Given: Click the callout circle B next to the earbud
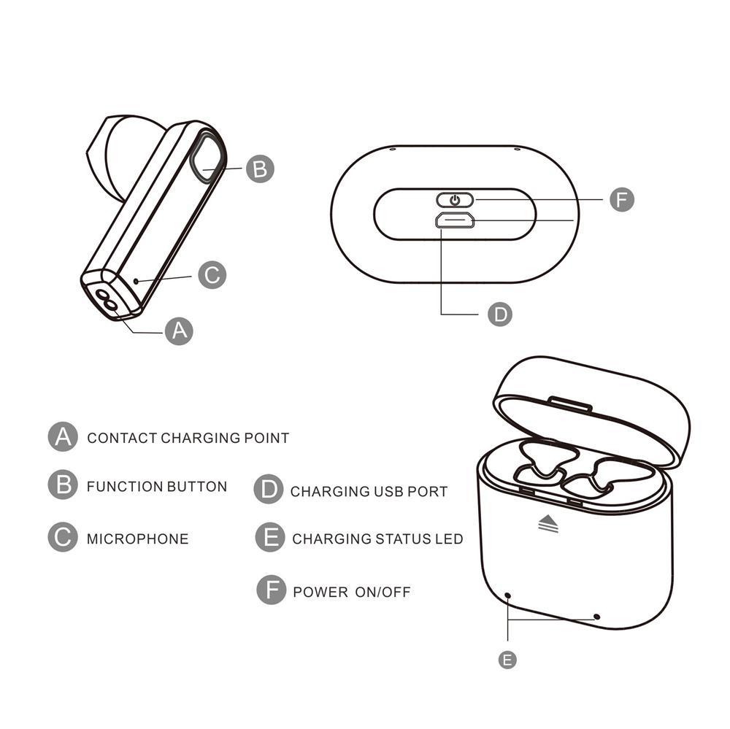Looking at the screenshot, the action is pyautogui.click(x=260, y=169).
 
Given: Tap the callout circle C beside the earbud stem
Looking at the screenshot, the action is pyautogui.click(x=212, y=274).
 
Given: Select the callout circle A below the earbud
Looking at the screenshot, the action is pyautogui.click(x=180, y=331).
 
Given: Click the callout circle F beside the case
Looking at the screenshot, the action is pyautogui.click(x=622, y=200).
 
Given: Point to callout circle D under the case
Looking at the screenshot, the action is pyautogui.click(x=500, y=315).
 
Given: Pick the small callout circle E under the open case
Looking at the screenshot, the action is pyautogui.click(x=507, y=660).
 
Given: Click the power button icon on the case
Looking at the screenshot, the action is pyautogui.click(x=455, y=200).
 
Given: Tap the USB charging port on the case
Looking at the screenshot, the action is pyautogui.click(x=455, y=220).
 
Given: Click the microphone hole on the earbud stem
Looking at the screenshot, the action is pyautogui.click(x=136, y=281).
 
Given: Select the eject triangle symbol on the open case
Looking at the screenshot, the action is pyautogui.click(x=548, y=523).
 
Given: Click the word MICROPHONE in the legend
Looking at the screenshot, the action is pyautogui.click(x=138, y=539).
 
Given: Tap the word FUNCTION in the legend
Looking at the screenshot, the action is pyautogui.click(x=125, y=487).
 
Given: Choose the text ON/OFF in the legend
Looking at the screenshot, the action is pyautogui.click(x=383, y=592).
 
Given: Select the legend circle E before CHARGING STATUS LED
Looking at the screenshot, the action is pyautogui.click(x=270, y=537).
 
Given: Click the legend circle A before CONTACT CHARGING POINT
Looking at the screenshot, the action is pyautogui.click(x=63, y=436).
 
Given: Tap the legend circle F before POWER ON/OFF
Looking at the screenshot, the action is pyautogui.click(x=271, y=590).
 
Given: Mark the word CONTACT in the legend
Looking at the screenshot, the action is pyautogui.click(x=122, y=438).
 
